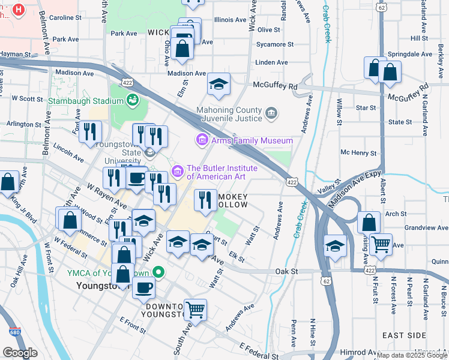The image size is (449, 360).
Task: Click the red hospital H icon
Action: click(19, 10)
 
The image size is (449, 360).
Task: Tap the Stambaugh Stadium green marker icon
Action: click(132, 99)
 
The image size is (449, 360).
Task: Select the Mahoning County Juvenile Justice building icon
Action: click(271, 112)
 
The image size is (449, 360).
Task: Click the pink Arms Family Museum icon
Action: click(202, 140)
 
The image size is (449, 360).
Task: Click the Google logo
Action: click(20, 353)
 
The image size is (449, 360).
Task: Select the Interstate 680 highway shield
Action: click(14, 332)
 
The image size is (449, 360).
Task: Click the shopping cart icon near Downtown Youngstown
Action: click(195, 310)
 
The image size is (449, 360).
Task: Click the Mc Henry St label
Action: click(358, 152)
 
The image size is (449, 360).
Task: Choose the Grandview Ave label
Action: click(426, 228)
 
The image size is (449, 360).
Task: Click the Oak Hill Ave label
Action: click(18, 279)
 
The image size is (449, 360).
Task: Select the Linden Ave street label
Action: click(271, 62)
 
